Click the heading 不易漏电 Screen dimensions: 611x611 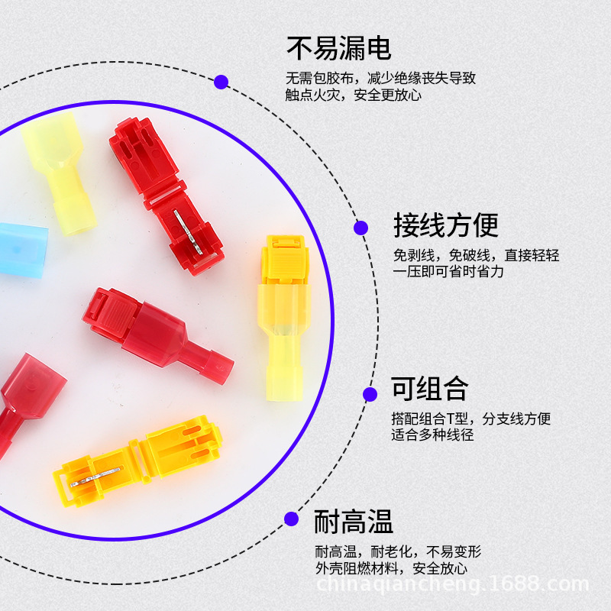338,48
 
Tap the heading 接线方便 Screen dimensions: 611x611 445,225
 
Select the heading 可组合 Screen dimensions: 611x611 428,389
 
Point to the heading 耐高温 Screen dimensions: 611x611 354,522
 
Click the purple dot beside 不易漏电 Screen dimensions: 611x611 221,82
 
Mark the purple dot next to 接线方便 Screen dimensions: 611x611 361,227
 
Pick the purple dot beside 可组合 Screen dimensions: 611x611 370,394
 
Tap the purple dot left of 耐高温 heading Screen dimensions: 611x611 291,519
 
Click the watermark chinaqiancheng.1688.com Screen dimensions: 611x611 452,586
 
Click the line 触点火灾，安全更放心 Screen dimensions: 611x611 353,95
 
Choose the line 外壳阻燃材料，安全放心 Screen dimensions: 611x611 390,568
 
